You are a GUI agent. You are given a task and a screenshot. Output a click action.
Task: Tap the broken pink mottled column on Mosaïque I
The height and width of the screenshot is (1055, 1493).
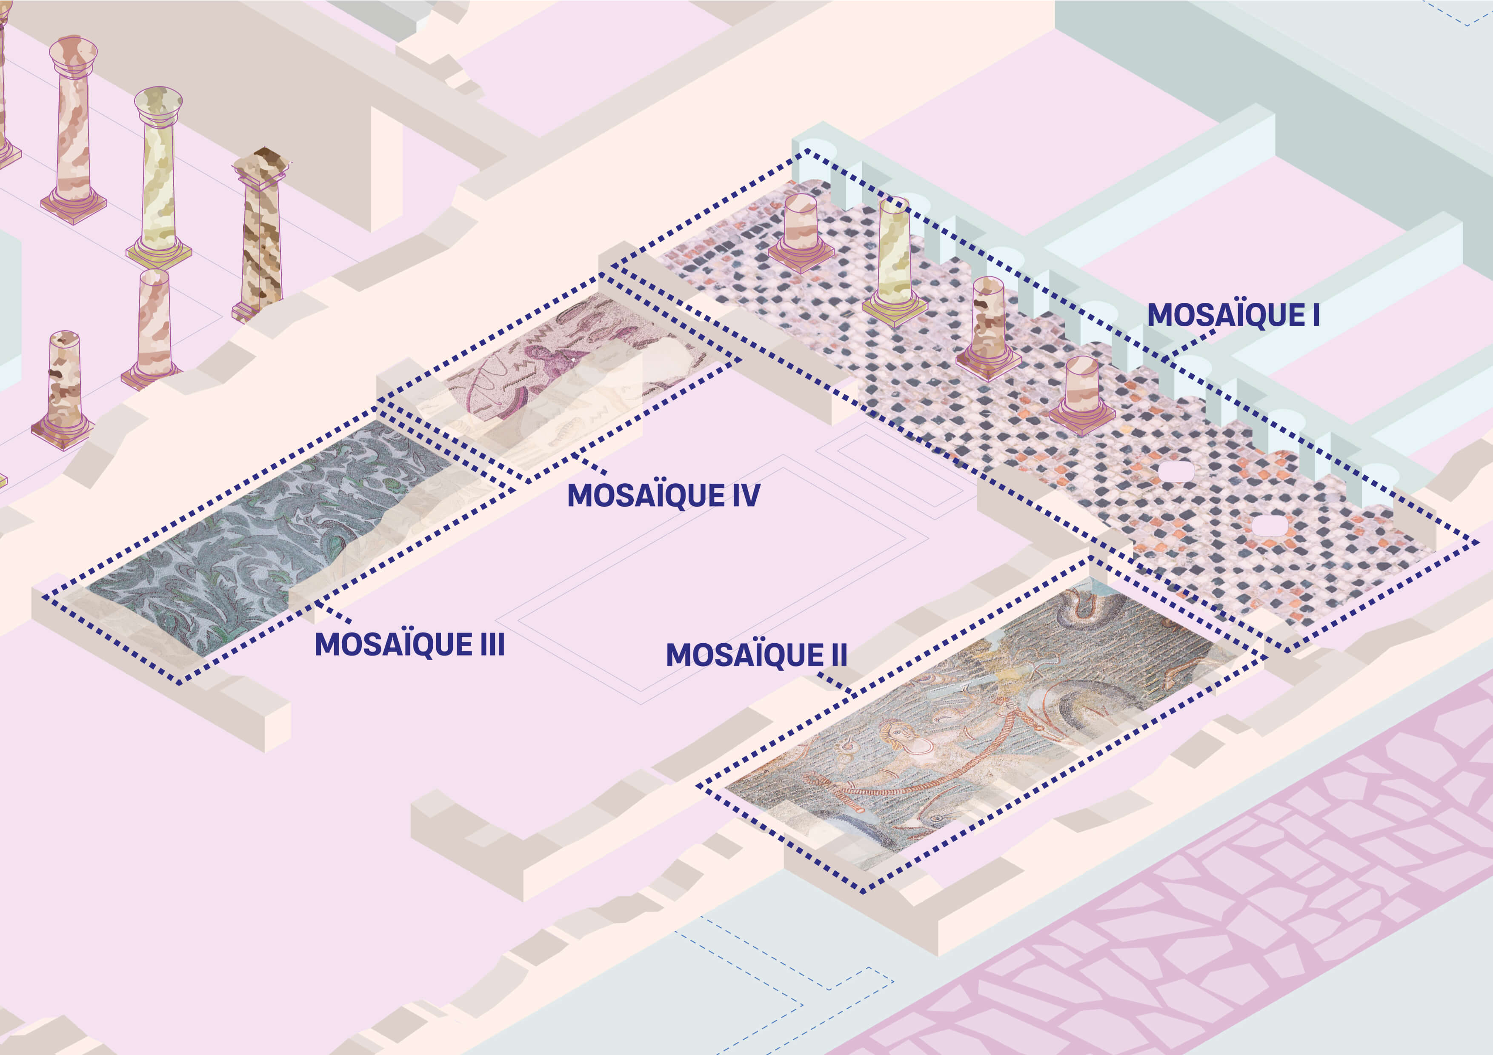pos(988,322)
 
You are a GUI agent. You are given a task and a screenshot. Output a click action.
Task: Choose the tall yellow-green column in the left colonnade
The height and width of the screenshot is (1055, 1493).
pos(158,176)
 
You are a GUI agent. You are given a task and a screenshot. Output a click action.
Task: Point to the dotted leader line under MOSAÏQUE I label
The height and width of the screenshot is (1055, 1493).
pos(1190,345)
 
